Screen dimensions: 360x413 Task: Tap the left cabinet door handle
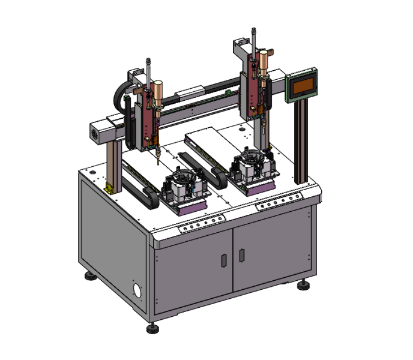click(x=223, y=260)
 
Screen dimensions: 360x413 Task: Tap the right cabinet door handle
click(x=241, y=254)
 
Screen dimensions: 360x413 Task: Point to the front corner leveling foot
click(x=152, y=329)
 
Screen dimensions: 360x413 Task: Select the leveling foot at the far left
click(x=91, y=276)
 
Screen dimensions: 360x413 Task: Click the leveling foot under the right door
click(x=303, y=284)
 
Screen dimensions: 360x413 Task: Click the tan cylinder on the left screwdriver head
click(x=158, y=92)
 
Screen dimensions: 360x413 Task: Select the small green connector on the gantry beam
click(x=228, y=92)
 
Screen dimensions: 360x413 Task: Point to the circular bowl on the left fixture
click(x=180, y=178)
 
